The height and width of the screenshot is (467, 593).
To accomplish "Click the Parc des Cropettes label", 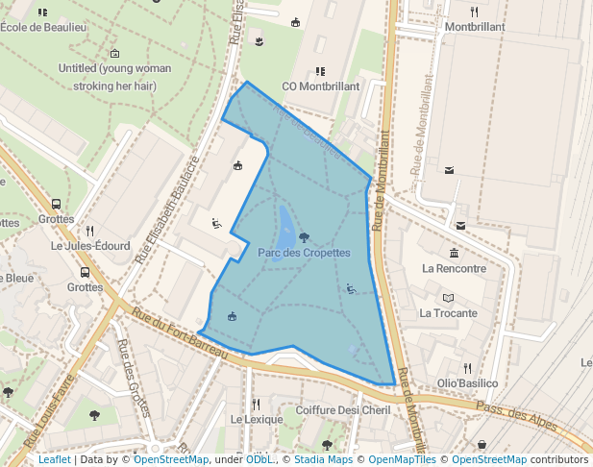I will (x=304, y=253).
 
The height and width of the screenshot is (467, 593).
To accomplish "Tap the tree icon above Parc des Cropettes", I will (x=304, y=236).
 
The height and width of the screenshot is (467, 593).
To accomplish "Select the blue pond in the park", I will (x=286, y=227).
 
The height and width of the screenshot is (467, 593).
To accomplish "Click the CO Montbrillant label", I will (x=320, y=86).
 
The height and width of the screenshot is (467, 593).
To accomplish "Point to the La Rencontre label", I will (x=455, y=268).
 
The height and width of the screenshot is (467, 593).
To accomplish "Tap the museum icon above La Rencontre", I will (x=454, y=253).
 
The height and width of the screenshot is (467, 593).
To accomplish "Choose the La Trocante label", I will (x=448, y=313).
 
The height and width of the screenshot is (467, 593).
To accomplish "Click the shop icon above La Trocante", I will (x=448, y=298).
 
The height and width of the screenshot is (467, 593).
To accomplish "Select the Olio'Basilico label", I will (x=467, y=383).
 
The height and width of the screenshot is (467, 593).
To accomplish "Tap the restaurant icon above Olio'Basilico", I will (x=467, y=368).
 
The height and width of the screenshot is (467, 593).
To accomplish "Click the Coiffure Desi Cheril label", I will (x=343, y=410).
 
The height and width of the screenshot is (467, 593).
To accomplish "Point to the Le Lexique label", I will (x=257, y=420).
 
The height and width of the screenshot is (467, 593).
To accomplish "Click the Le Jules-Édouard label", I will (x=90, y=246).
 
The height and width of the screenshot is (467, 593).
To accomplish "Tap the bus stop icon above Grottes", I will (x=86, y=272).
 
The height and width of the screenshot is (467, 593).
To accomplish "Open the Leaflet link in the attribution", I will (x=55, y=460).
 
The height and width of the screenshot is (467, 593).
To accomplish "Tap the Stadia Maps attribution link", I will (x=323, y=460).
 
